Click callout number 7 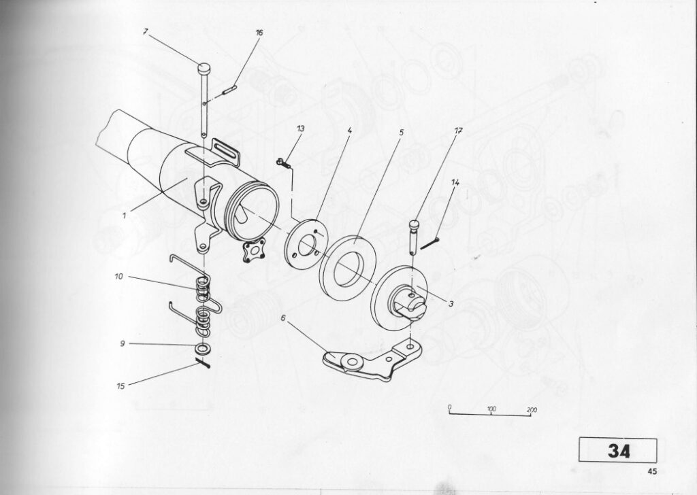(x=146, y=31)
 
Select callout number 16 (x=259, y=33)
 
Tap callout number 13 (x=301, y=129)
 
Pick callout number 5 (x=401, y=132)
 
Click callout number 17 (x=459, y=131)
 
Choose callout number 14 (x=455, y=182)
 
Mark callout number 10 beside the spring (x=118, y=277)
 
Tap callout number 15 (x=121, y=386)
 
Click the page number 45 (x=652, y=472)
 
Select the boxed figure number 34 (x=618, y=451)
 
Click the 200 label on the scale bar (x=532, y=410)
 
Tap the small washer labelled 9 (x=203, y=347)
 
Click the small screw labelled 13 (x=283, y=163)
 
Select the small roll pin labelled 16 (x=229, y=90)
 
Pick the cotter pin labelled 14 (x=430, y=243)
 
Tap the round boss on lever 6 (x=352, y=362)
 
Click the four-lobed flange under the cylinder (x=253, y=250)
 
